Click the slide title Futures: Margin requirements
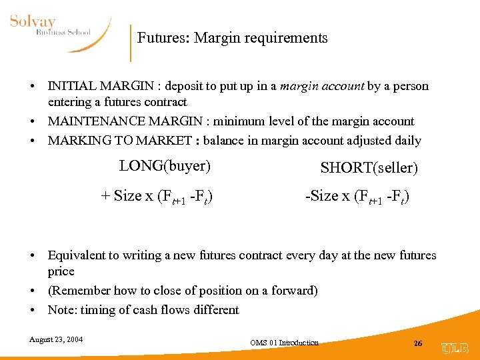click(232, 38)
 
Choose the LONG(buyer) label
click(165, 165)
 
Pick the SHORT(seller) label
click(369, 168)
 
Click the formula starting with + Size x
click(157, 196)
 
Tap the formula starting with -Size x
click(357, 196)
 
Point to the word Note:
click(63, 310)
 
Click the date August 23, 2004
click(56, 340)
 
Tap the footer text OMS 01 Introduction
click(285, 343)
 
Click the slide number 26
click(418, 343)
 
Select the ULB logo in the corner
click(455, 347)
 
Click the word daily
click(407, 141)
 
